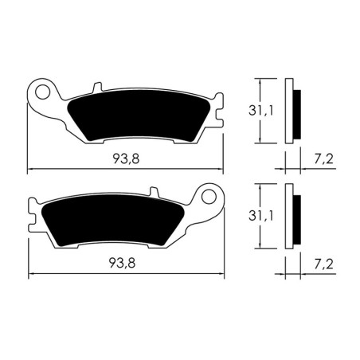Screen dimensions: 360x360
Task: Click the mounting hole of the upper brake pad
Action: [41, 89]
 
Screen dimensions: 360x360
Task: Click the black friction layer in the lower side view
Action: [296, 219]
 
